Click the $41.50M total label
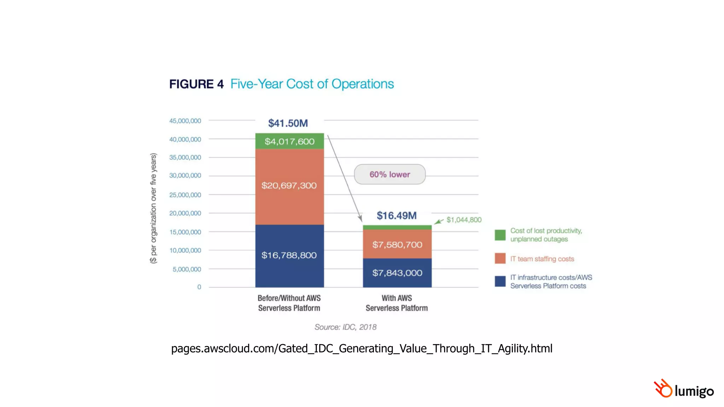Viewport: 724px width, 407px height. pyautogui.click(x=288, y=123)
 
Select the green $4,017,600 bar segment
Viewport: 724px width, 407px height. pyautogui.click(x=290, y=141)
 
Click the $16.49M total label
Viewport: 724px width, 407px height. pyautogui.click(x=397, y=216)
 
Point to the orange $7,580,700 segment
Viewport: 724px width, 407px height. pyautogui.click(x=397, y=244)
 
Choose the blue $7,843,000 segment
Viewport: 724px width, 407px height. pyautogui.click(x=397, y=273)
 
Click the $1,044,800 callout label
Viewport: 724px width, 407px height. pyautogui.click(x=464, y=220)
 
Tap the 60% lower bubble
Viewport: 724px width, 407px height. pyautogui.click(x=390, y=174)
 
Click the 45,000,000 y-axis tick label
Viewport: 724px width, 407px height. pyautogui.click(x=185, y=121)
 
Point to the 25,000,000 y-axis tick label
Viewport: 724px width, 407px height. pyautogui.click(x=185, y=195)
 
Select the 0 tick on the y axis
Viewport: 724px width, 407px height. pyautogui.click(x=199, y=287)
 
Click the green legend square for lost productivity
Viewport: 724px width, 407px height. pyautogui.click(x=500, y=235)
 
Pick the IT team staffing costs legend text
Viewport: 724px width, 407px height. pyautogui.click(x=542, y=259)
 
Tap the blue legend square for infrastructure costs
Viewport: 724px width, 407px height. pyautogui.click(x=500, y=281)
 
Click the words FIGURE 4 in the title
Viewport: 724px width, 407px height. pyautogui.click(x=196, y=84)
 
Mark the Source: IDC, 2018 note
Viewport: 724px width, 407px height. pyautogui.click(x=345, y=327)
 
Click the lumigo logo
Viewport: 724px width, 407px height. pyautogui.click(x=684, y=389)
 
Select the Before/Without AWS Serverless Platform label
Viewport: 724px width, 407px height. pyautogui.click(x=289, y=303)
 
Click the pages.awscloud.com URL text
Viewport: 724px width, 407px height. pyautogui.click(x=362, y=348)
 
